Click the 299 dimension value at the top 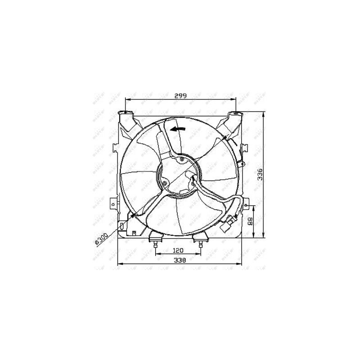180,96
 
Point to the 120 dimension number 179,251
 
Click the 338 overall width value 180,260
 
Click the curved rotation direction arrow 178,129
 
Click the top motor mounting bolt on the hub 181,159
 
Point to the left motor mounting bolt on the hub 165,183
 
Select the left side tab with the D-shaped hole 112,203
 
